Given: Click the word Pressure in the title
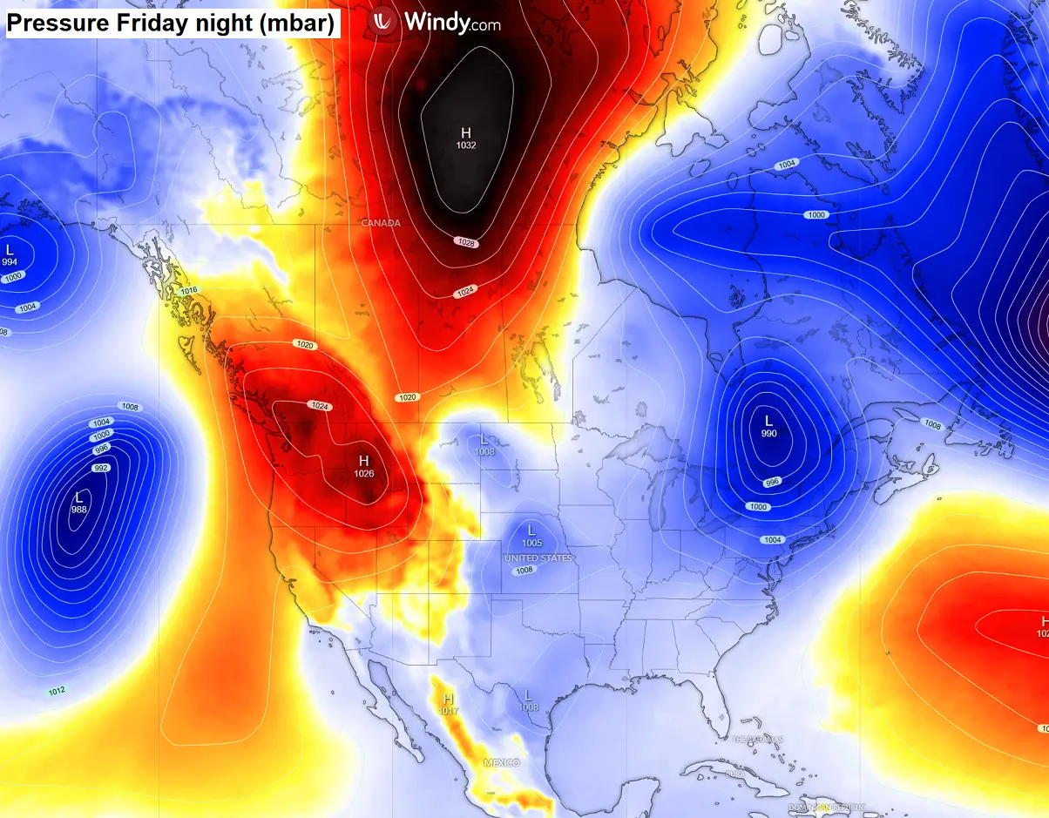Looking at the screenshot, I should (x=52, y=24).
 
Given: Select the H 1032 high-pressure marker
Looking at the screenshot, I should (x=466, y=138).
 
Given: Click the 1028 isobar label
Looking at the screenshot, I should (x=466, y=242).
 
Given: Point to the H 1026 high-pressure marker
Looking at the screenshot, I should (x=364, y=466).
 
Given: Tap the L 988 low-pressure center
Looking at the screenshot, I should (x=78, y=503).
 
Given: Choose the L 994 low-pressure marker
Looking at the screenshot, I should (x=10, y=255).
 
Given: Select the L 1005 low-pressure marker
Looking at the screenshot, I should (x=531, y=536).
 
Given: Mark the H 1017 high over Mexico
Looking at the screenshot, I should (x=449, y=704).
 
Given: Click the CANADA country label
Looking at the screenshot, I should (x=381, y=224).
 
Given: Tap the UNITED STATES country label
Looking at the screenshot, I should (x=538, y=558).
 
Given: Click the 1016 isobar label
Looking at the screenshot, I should (x=188, y=290).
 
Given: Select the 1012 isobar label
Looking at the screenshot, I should (x=57, y=691).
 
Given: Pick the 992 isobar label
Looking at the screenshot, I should (x=100, y=468).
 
